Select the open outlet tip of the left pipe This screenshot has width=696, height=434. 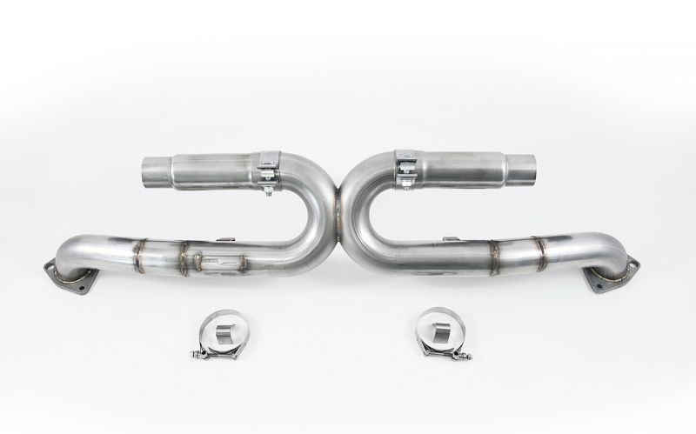coord(156,172)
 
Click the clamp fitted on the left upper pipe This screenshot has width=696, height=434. coord(269,170)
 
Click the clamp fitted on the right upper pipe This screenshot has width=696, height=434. coord(406,168)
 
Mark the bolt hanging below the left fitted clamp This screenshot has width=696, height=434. coord(269,189)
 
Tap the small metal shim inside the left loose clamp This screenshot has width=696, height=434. coord(224,331)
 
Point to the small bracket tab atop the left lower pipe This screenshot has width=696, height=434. coord(225,239)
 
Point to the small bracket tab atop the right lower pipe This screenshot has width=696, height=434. coord(450,239)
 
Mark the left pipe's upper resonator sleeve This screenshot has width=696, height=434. coord(214,171)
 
